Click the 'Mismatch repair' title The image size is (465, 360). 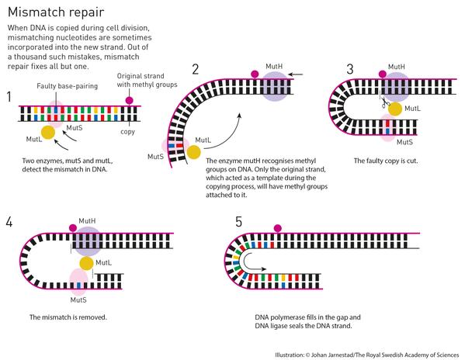[56, 12]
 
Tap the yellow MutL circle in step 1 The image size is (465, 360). [48, 133]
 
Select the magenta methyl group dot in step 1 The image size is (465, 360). [129, 100]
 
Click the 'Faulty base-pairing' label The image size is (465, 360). [67, 86]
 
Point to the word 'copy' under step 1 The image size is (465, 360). [127, 132]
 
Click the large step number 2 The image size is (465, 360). [195, 69]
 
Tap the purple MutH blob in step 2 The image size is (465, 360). [276, 86]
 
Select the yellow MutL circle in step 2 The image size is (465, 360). [193, 152]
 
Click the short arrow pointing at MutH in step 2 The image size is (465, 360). [295, 74]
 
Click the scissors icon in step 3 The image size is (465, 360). [385, 102]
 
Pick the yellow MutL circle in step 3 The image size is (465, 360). [395, 109]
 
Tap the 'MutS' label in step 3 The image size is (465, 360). [404, 142]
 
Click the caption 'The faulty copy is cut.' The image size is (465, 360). [386, 161]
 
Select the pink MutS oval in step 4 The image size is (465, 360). [78, 282]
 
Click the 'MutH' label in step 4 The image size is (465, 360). [87, 221]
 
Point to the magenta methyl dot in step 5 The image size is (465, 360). [278, 228]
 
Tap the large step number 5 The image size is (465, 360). [239, 222]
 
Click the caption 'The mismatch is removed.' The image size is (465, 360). [68, 317]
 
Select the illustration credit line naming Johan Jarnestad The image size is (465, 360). [367, 355]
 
